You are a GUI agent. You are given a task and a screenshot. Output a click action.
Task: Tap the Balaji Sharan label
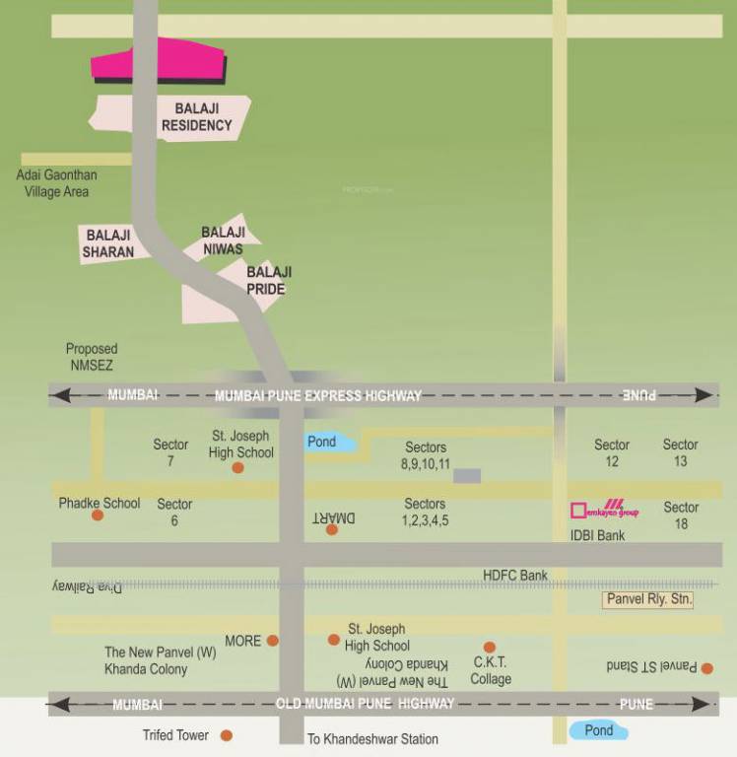coord(108,242)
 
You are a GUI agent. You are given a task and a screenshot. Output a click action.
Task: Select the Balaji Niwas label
coord(223,241)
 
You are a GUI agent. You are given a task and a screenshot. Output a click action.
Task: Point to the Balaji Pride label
coord(268,281)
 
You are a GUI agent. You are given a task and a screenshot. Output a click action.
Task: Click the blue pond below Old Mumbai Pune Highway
coord(598,730)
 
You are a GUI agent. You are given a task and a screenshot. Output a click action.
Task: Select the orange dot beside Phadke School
coord(98,515)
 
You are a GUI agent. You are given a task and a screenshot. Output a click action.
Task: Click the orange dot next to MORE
coord(273,641)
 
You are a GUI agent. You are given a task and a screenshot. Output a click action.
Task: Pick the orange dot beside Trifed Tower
coord(227,735)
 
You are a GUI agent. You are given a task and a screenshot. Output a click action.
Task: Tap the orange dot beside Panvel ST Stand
coord(707,668)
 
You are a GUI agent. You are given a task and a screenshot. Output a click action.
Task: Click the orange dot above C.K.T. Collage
coord(490,648)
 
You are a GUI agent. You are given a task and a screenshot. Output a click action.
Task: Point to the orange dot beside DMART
coord(332,529)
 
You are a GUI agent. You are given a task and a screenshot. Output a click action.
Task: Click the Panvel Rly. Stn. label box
coord(648,599)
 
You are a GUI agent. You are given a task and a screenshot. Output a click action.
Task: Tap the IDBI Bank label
coord(596,535)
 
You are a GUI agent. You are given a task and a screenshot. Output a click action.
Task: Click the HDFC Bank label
coord(515,575)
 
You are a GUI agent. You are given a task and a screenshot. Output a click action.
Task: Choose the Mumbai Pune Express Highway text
coord(318,395)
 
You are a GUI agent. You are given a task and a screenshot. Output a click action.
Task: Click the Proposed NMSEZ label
coord(92,356)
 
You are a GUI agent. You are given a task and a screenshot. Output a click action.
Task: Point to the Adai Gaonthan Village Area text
coord(57,183)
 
